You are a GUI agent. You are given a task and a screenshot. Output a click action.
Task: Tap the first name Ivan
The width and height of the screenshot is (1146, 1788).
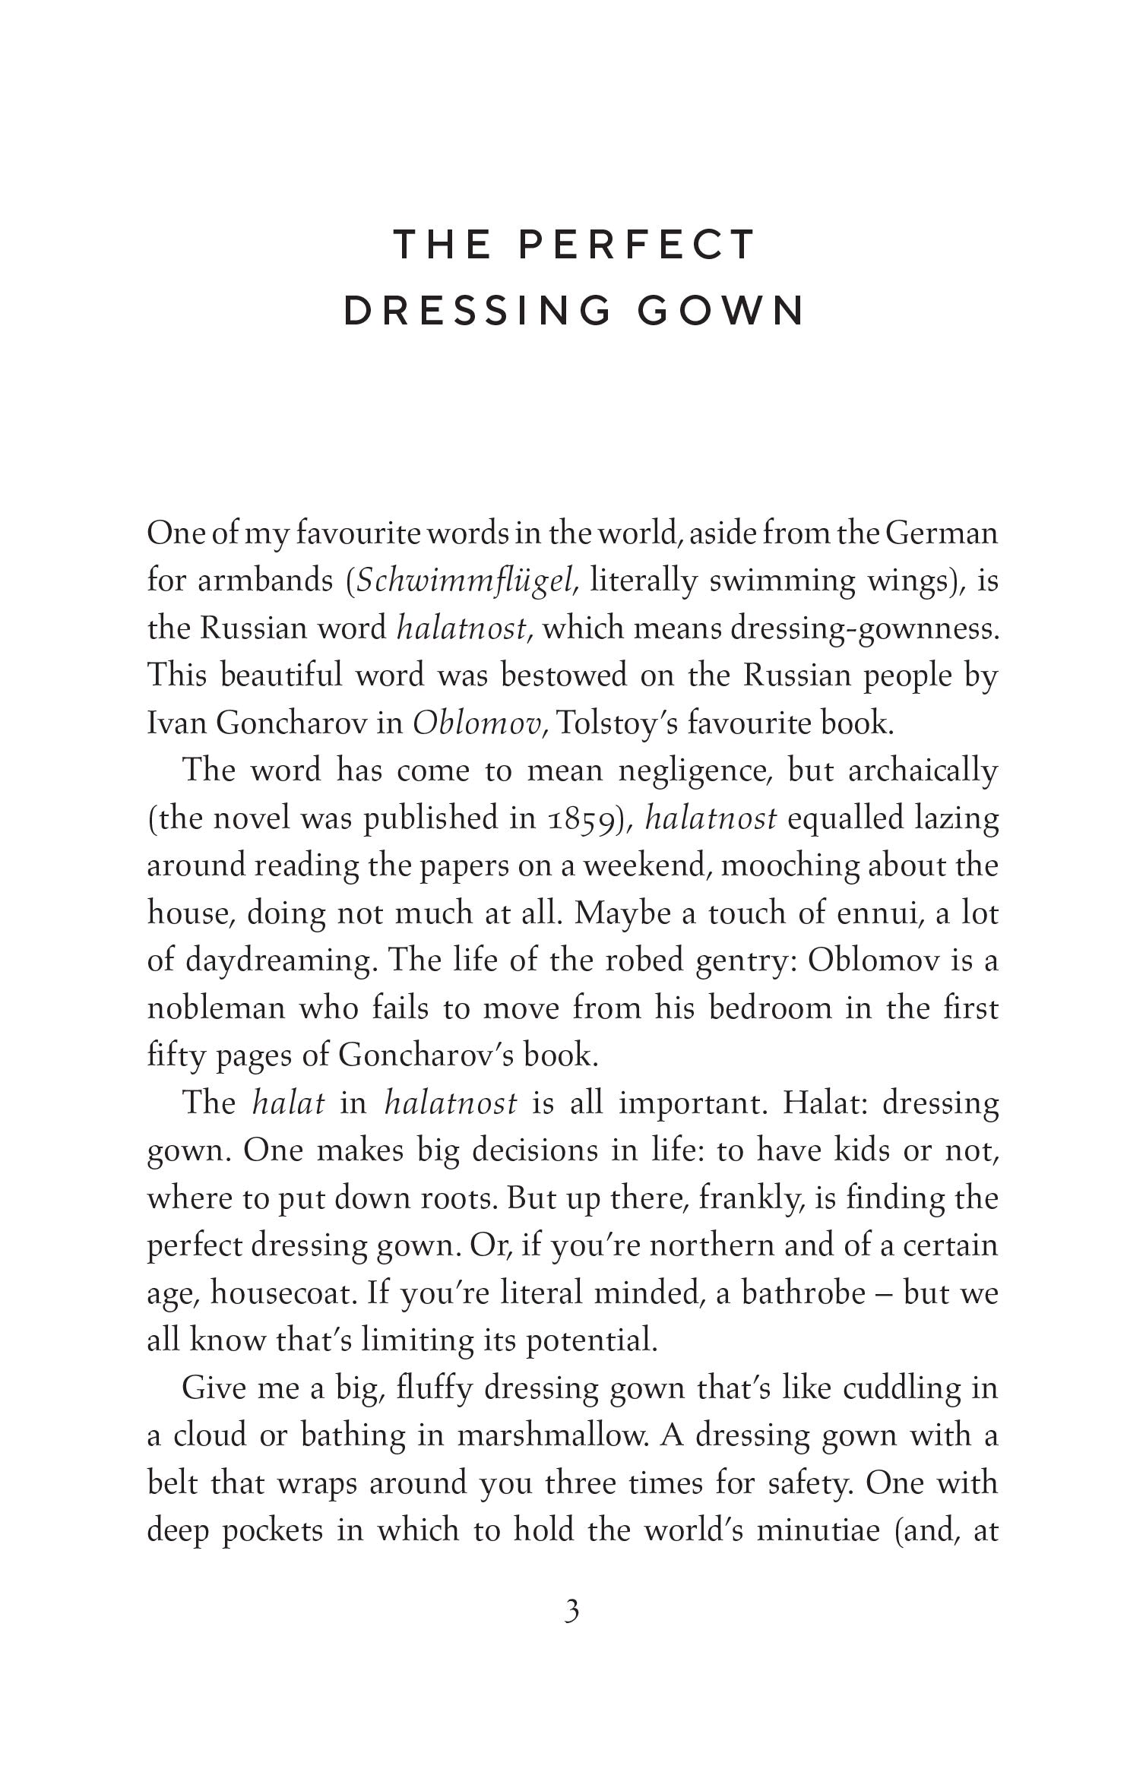pos(176,723)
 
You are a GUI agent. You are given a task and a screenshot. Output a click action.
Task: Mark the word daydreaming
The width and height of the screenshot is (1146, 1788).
pos(281,960)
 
